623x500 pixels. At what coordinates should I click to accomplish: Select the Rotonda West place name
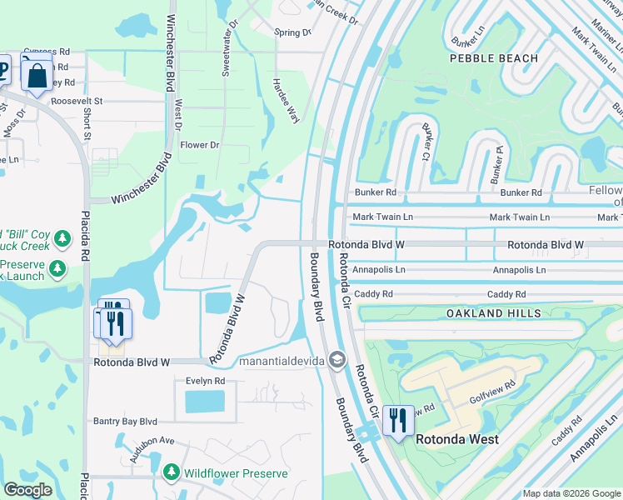[457, 439]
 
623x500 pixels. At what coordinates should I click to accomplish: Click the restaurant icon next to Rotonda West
[398, 421]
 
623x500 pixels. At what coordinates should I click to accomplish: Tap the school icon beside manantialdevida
[336, 361]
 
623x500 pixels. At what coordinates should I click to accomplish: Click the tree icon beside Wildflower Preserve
[172, 473]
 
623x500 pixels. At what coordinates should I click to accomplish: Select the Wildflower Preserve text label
[237, 473]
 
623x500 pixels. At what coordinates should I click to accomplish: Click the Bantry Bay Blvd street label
[125, 422]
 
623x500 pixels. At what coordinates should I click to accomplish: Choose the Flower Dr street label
[200, 145]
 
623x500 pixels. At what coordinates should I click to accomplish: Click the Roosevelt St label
[76, 101]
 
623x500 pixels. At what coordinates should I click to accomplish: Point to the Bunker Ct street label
[426, 142]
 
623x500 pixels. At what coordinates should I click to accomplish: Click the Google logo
[27, 490]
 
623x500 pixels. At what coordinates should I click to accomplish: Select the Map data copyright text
[571, 493]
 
